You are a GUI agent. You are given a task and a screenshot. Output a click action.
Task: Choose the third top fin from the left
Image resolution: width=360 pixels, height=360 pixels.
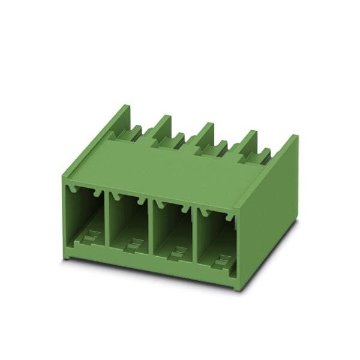(x=205, y=134)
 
